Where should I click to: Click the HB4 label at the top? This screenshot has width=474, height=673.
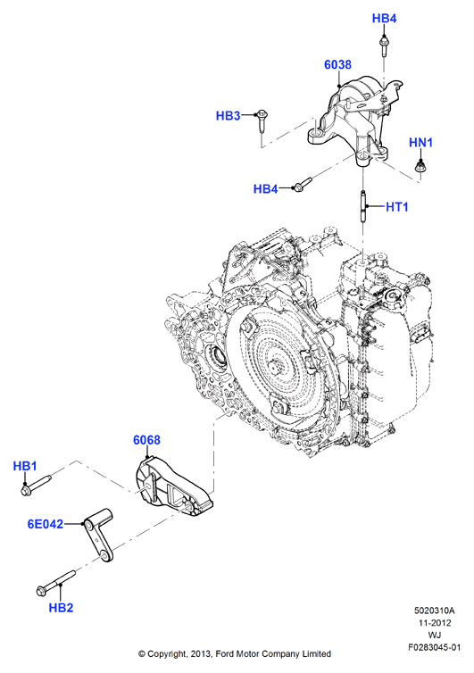384,19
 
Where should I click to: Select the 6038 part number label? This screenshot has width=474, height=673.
337,64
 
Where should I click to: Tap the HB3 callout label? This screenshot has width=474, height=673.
228,115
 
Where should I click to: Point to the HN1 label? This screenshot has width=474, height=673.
420,143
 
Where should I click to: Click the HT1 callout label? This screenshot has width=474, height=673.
396,207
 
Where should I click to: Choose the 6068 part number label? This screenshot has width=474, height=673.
146,440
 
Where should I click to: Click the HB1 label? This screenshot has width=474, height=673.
25,466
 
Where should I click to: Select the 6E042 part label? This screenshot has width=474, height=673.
46,524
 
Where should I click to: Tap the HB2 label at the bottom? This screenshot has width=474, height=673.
61,607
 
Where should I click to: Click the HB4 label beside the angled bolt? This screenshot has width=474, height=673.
266,189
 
